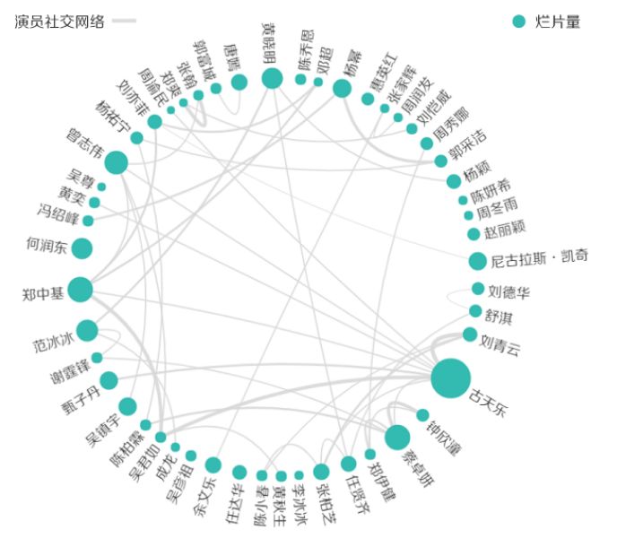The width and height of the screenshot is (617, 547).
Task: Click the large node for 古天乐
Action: click(x=450, y=378)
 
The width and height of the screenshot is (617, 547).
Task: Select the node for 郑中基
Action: click(x=80, y=290)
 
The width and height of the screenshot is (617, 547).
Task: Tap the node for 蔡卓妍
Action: click(x=397, y=438)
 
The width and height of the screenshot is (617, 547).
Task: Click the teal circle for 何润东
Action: click(x=83, y=248)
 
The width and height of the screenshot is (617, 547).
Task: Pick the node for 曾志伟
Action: click(x=116, y=162)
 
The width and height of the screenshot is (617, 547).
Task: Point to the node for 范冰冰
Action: click(x=87, y=331)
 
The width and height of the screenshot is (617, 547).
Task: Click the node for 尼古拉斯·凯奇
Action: click(x=477, y=261)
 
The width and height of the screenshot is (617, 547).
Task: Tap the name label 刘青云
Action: click(x=499, y=344)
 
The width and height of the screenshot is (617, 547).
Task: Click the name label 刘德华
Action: click(x=509, y=292)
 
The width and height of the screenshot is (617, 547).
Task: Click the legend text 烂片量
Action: click(x=558, y=22)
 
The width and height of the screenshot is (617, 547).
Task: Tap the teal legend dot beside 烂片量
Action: click(x=518, y=22)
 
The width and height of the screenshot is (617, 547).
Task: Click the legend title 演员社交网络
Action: click(x=58, y=22)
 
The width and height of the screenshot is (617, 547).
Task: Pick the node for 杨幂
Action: click(x=342, y=88)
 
